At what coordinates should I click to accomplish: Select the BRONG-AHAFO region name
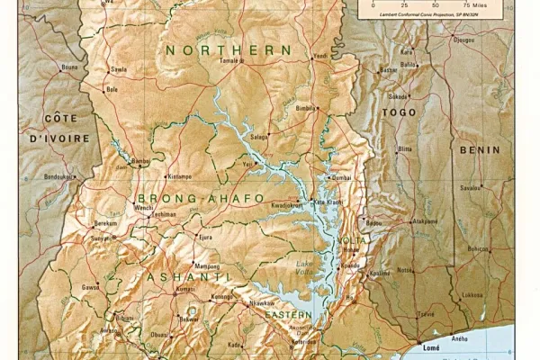pos(201,198)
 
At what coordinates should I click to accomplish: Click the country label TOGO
pos(399,112)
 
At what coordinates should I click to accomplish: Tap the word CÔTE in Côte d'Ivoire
pos(61,120)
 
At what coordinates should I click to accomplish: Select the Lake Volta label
pos(307,266)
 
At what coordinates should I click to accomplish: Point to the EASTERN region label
pos(292,314)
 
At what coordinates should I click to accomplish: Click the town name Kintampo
pos(180,176)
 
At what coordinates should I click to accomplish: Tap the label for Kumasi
pos(185,290)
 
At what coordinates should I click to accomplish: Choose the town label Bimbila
pos(307,106)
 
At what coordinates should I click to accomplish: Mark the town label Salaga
pos(259,136)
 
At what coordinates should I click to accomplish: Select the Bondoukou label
pos(57,176)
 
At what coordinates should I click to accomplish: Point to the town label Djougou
pos(463,40)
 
